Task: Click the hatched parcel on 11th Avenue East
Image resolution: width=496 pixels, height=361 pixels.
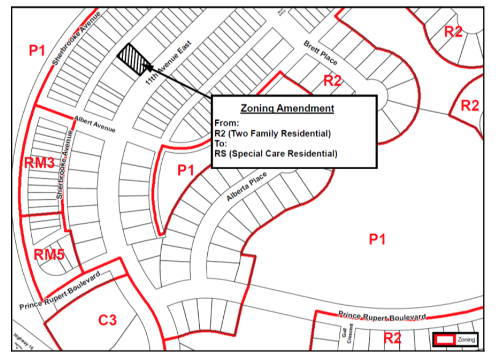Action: coord(134,59)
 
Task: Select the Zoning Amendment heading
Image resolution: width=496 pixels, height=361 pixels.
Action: coord(287,108)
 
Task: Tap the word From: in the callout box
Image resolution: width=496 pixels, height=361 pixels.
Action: coord(227,123)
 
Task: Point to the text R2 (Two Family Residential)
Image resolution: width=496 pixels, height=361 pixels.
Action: coord(272,133)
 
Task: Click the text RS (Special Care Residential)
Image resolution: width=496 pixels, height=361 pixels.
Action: coord(276,154)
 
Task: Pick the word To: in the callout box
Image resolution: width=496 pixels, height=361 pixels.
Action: coord(221,143)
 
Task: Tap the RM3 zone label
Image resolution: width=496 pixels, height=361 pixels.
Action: coord(39,163)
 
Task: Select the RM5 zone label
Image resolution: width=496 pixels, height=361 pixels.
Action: coord(49,255)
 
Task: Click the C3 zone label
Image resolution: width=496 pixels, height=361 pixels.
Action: coord(108,321)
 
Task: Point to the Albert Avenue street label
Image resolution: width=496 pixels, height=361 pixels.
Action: coord(95,124)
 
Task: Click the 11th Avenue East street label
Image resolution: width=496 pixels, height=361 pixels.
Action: coord(169,63)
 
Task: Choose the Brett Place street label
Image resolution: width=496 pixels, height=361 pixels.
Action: coord(320,52)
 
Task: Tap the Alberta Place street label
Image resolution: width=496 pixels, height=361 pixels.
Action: coord(247,188)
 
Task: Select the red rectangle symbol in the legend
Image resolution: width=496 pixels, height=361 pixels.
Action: coord(445,339)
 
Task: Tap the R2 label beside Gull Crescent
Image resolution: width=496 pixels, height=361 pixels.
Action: coord(392,338)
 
